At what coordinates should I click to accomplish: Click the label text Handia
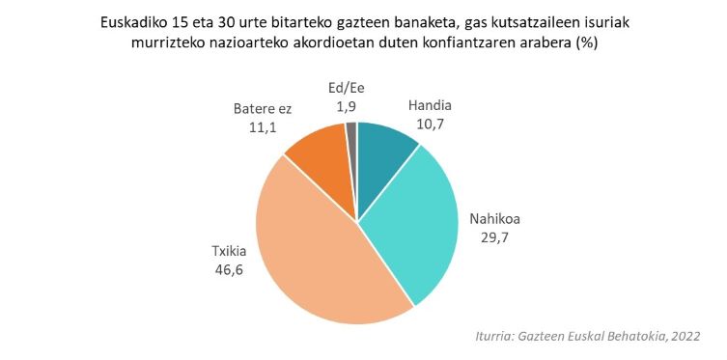point(430,105)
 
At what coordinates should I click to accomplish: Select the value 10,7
point(430,123)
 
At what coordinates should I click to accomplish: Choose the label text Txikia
point(231,252)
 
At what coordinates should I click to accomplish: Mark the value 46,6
point(231,269)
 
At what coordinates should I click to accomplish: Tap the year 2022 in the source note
point(683,335)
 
